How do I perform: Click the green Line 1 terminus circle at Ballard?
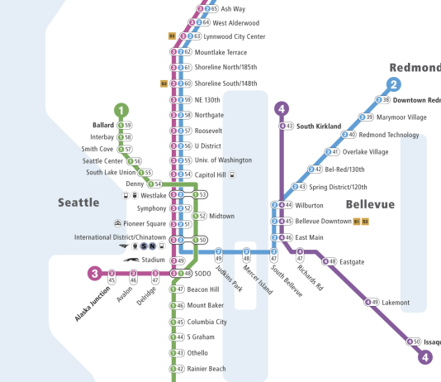122,109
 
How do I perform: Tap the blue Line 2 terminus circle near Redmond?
394,84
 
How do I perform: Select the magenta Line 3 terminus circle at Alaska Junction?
95,274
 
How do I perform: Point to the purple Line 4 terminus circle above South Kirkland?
282,108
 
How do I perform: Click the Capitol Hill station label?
211,174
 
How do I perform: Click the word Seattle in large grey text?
78,202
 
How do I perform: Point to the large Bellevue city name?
370,203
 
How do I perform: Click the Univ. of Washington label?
223,160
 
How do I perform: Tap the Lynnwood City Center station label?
235,36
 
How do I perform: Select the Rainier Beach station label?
206,369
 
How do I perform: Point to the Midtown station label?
221,216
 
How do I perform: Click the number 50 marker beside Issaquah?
416,341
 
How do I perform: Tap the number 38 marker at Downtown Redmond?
384,100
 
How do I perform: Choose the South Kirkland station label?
319,127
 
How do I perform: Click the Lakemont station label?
396,303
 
